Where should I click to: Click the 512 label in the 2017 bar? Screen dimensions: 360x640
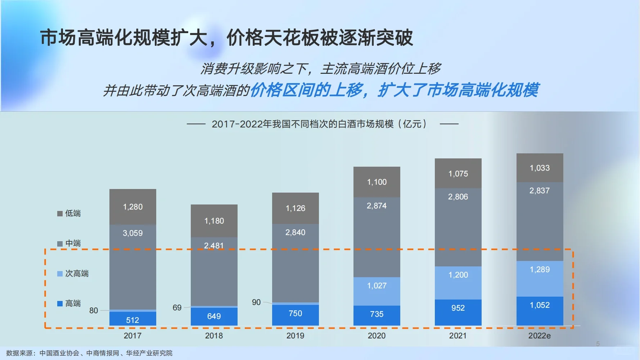pyautogui.click(x=132, y=320)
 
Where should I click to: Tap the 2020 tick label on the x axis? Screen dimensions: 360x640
pyautogui.click(x=377, y=336)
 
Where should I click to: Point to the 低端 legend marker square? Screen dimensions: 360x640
pyautogui.click(x=60, y=213)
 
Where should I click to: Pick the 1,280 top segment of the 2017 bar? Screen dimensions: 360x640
pyautogui.click(x=132, y=207)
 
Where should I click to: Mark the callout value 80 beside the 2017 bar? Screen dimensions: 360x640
pyautogui.click(x=94, y=310)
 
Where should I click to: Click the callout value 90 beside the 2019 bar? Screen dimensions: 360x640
pyautogui.click(x=256, y=302)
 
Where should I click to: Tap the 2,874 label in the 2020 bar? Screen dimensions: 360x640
pyautogui.click(x=377, y=206)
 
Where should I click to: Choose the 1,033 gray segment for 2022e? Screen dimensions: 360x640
pyautogui.click(x=540, y=168)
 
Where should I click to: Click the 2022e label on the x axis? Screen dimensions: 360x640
pyautogui.click(x=539, y=336)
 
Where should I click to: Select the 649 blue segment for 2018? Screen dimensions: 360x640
pyautogui.click(x=214, y=316)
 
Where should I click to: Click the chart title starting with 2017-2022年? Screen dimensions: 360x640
pyautogui.click(x=319, y=124)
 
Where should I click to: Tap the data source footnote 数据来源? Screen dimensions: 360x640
pyautogui.click(x=89, y=353)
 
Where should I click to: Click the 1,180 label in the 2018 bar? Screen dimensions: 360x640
pyautogui.click(x=214, y=221)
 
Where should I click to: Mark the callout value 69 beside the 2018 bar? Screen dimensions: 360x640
pyautogui.click(x=177, y=308)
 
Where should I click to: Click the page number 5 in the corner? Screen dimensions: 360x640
pyautogui.click(x=598, y=344)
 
